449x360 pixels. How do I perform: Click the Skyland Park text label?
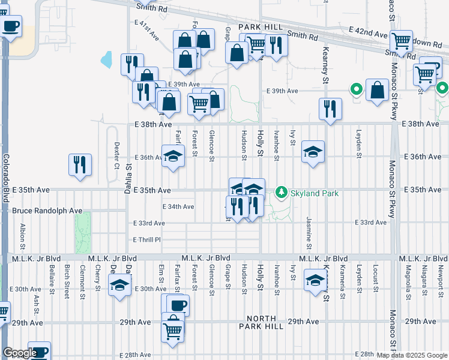point(315,193)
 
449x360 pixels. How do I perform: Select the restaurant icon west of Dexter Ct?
point(80,164)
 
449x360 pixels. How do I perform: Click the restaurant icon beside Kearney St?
point(330,108)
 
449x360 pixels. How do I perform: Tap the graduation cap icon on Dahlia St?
point(120,285)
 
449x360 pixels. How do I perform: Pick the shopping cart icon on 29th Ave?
point(173,329)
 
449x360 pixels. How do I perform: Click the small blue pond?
point(107,59)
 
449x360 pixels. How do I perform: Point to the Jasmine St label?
point(309,233)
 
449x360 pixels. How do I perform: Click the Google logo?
point(19,353)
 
